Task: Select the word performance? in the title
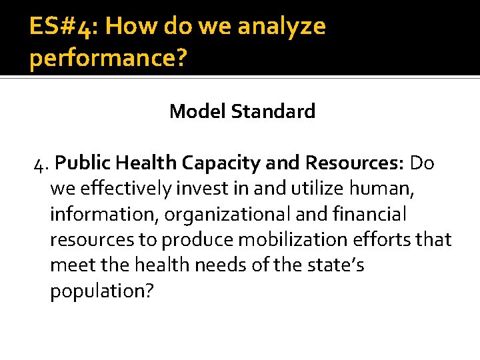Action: pyautogui.click(x=108, y=58)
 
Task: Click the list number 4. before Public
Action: pyautogui.click(x=41, y=163)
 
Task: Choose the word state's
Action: pyautogui.click(x=338, y=265)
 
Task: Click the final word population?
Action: pyautogui.click(x=101, y=291)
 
